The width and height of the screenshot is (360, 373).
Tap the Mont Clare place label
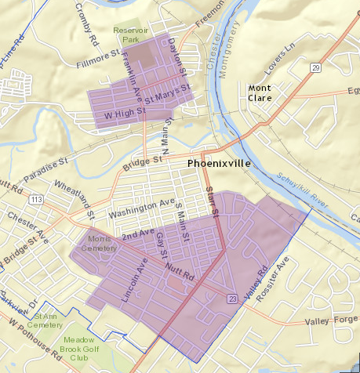pos(260,92)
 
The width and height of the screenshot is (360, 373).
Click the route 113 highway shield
pos(36,199)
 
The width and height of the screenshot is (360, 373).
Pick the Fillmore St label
pos(98,60)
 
